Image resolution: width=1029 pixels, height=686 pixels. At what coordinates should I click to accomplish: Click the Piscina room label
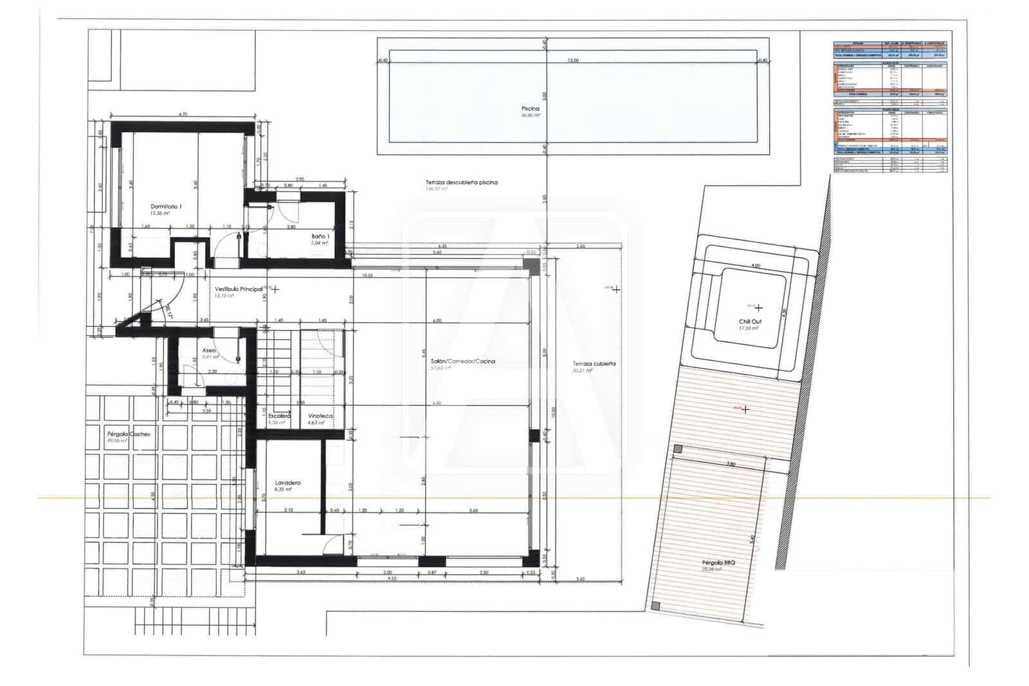(531, 109)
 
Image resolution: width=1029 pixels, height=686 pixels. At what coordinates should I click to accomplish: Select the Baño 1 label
(320, 237)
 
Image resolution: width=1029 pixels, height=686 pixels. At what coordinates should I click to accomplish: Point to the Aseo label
(208, 350)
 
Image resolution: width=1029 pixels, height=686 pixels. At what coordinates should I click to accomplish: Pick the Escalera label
(279, 416)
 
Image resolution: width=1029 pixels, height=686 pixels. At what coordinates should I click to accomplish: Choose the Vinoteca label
(320, 416)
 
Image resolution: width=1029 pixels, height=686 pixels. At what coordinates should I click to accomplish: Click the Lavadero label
(287, 483)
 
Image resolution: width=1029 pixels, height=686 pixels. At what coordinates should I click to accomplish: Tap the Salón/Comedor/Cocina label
(463, 362)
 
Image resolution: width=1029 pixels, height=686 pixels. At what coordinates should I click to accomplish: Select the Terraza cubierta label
(594, 364)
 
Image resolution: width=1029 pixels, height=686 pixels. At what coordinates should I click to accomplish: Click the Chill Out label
(749, 321)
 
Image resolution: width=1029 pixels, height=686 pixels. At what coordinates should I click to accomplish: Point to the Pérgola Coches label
(129, 434)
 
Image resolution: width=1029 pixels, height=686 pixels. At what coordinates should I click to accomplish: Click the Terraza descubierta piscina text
(461, 183)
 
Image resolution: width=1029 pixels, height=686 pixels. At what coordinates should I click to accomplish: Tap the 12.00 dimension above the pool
(572, 60)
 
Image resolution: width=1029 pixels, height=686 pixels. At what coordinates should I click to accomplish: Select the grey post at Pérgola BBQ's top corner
(677, 449)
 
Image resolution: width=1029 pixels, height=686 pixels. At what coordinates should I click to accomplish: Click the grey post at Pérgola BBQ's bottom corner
(655, 606)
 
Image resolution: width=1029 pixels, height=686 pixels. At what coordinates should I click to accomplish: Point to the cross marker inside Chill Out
(760, 308)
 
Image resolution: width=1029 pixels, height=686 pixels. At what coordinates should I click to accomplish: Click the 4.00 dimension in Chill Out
(756, 265)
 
